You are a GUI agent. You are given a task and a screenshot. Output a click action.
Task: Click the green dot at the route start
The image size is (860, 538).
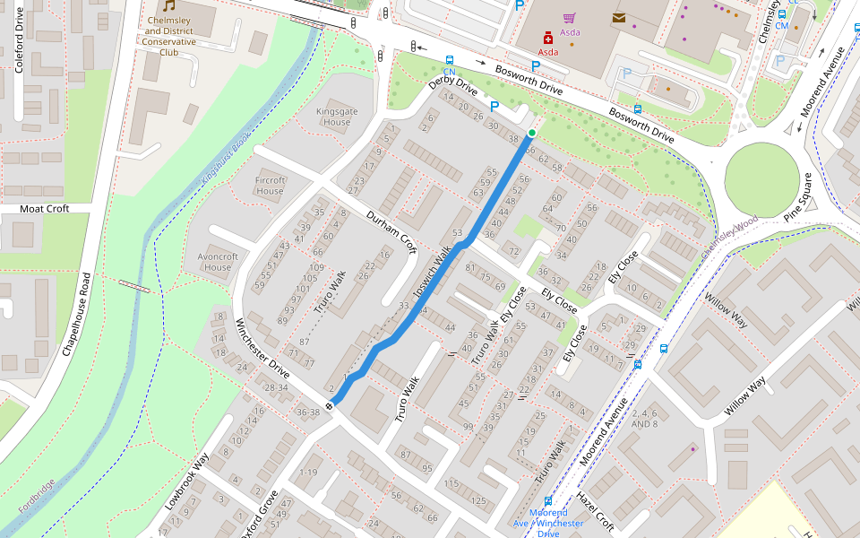pos(531,133)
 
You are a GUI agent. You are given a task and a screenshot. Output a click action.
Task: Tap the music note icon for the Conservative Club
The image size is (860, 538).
pos(168,6)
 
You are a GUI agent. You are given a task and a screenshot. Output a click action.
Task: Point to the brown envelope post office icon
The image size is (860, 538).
pos(619,17)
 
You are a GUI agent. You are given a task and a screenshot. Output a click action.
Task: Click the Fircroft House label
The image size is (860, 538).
pos(270,186)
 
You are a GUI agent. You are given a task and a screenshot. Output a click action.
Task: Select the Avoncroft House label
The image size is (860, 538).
pos(218,262)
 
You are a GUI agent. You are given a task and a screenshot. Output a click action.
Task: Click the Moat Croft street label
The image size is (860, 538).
pos(45,208)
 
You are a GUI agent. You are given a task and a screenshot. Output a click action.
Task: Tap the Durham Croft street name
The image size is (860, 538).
pos(391,230)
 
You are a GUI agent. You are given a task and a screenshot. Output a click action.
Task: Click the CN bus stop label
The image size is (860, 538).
pos(449,72)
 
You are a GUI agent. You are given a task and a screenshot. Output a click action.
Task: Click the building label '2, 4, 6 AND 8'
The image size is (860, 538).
pos(643,419)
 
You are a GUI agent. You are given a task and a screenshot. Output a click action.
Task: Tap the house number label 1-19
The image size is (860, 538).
pos(309,472)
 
